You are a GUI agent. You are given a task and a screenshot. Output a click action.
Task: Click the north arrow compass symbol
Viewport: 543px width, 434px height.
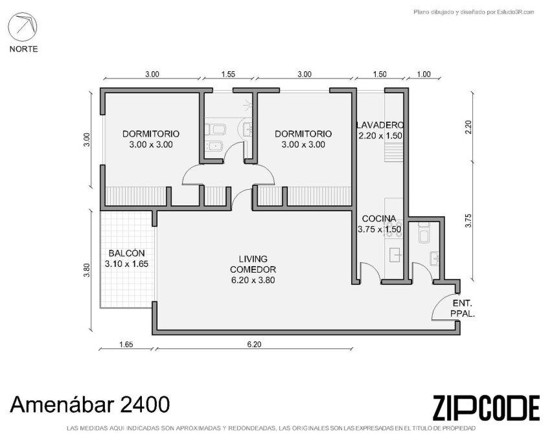(23, 27)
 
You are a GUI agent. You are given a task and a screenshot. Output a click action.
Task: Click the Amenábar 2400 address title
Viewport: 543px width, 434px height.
(90, 404)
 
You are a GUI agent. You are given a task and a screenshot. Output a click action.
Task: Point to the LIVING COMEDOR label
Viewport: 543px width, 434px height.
(253, 264)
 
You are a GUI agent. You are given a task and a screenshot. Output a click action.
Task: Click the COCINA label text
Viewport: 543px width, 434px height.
(379, 219)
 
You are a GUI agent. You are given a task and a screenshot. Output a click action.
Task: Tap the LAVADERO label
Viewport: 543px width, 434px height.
(380, 125)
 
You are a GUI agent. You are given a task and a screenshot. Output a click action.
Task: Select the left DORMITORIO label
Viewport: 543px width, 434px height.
(151, 133)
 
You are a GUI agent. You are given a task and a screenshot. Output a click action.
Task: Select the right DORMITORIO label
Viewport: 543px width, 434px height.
(303, 133)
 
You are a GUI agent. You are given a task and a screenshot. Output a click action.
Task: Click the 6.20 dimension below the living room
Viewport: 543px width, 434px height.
(254, 345)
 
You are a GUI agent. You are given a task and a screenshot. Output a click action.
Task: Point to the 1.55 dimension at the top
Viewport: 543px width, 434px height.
(228, 74)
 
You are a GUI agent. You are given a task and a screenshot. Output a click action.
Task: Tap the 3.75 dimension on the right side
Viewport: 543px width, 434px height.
(468, 220)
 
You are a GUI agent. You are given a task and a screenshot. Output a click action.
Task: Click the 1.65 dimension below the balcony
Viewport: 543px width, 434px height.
(126, 345)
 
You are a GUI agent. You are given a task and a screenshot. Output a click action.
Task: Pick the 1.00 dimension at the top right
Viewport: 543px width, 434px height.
(424, 74)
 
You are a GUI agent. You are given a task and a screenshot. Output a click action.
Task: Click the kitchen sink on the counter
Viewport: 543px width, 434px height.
(396, 255)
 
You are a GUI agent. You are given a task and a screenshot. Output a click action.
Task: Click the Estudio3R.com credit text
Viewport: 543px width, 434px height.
(474, 12)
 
